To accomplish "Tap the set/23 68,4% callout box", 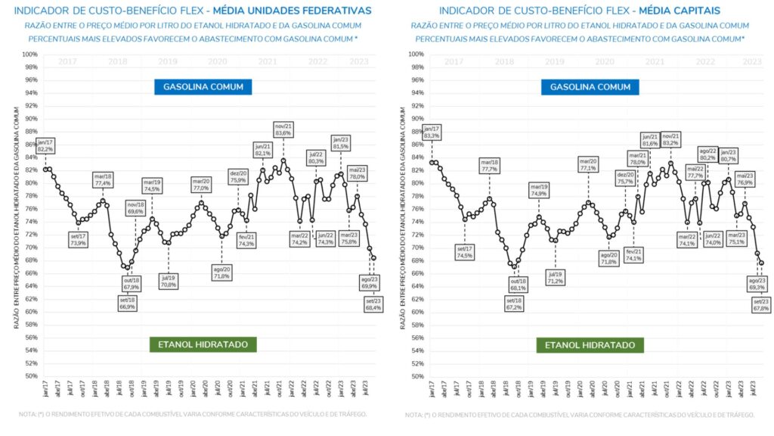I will (x=373, y=304).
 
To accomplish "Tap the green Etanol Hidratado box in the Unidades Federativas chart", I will (x=203, y=344).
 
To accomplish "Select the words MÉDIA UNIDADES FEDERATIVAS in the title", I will (x=301, y=11).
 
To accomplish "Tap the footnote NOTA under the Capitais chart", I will (x=579, y=415).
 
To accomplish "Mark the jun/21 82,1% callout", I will (x=263, y=150).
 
